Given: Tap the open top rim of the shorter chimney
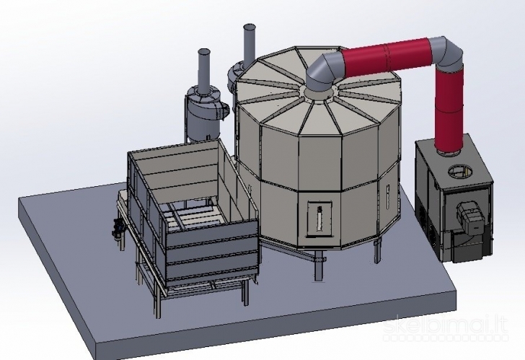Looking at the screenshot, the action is point(204,52).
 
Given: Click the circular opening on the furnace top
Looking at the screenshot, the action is point(459,172).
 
